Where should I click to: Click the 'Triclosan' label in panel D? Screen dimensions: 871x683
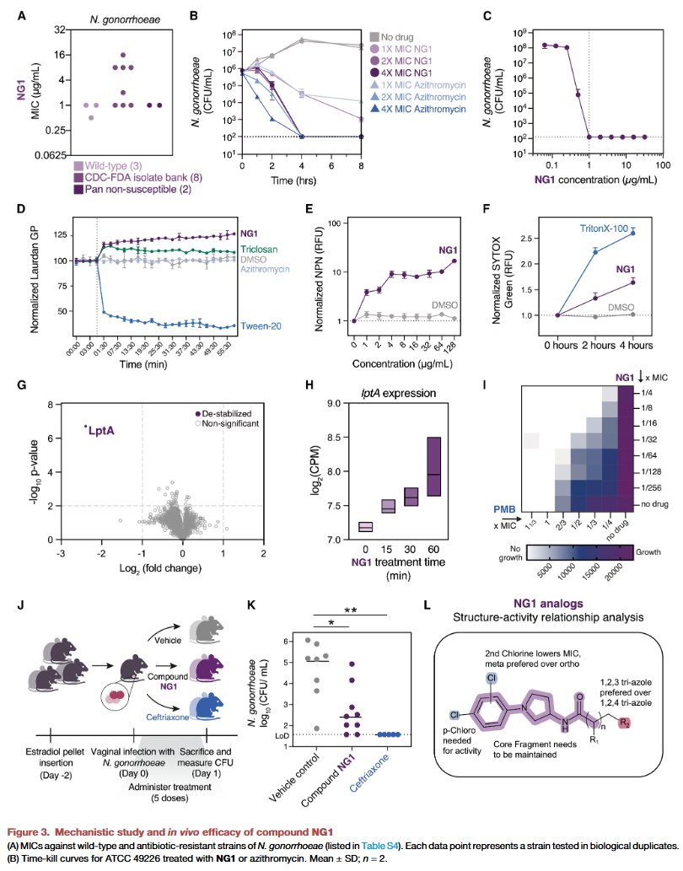tap(258, 250)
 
